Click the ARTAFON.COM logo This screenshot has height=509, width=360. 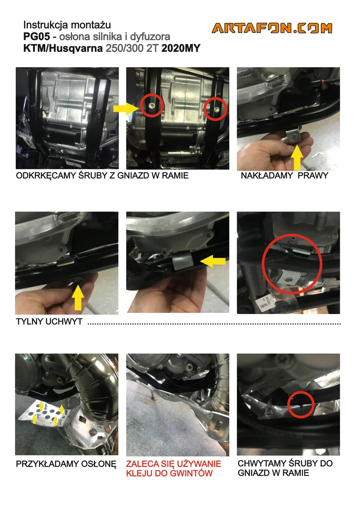(272, 28)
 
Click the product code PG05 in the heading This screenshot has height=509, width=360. (36, 37)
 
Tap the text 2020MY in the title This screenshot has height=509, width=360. (181, 48)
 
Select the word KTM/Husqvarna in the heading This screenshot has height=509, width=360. (63, 48)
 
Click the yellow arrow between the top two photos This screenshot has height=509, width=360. (126, 108)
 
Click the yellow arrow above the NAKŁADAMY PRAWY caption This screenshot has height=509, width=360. (297, 158)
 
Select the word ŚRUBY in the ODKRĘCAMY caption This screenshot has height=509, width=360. (93, 176)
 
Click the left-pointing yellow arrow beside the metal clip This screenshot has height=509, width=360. (213, 261)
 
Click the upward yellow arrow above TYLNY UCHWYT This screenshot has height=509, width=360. (78, 298)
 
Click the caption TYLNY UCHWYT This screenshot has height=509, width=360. (49, 322)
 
